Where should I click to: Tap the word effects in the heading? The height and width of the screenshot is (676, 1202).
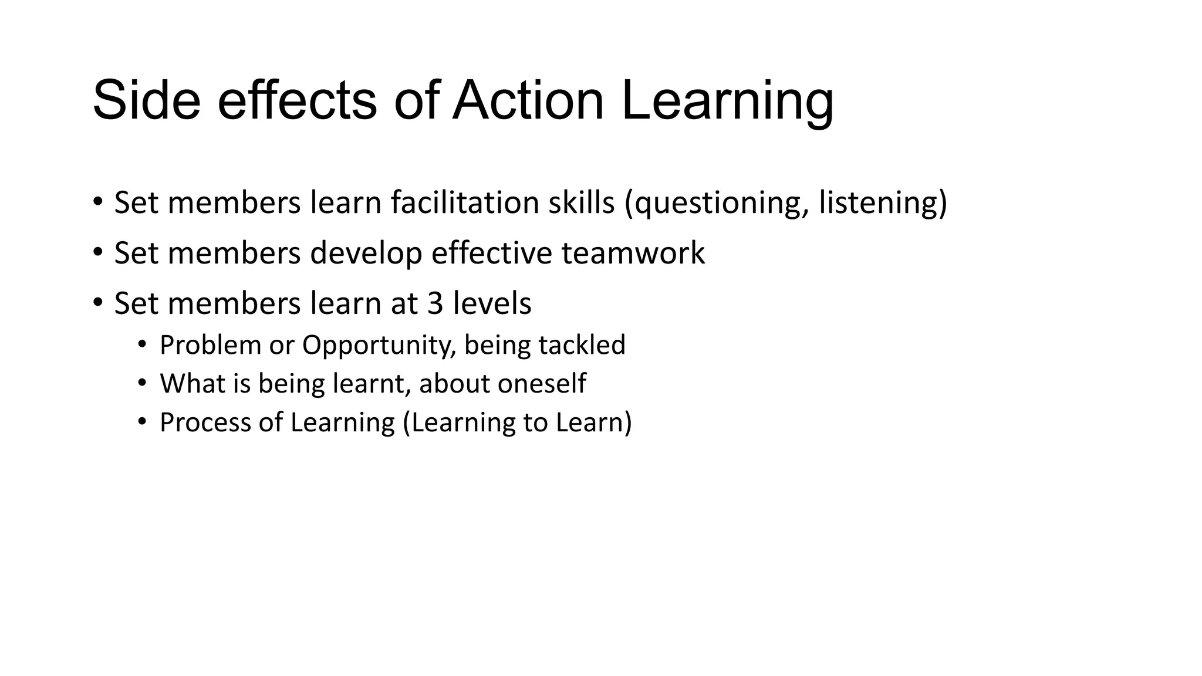pos(297,101)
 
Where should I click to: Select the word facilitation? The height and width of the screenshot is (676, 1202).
pos(465,202)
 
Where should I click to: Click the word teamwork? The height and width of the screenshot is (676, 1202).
pos(633,253)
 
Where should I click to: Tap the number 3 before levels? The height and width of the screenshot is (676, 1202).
pos(435,303)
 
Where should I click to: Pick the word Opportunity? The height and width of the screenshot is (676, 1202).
pos(375,346)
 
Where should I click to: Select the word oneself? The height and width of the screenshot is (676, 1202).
pos(542,383)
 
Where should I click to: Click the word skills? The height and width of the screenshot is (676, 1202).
pos(581,202)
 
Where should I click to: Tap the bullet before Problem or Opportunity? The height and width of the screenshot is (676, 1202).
pos(141,344)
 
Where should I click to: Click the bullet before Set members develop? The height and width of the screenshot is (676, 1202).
pos(98,252)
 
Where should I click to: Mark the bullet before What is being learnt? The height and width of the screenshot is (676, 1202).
pos(141,383)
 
